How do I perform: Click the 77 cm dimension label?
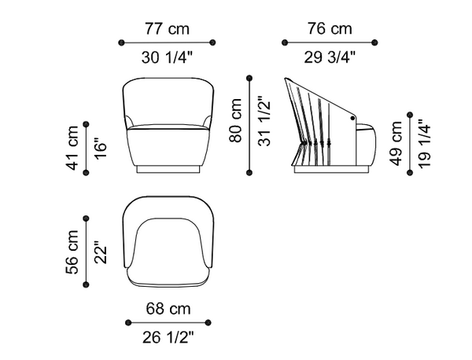click(x=168, y=29)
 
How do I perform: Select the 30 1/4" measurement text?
click(x=167, y=57)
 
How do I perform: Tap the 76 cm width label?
click(x=330, y=29)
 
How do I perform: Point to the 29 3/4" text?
click(x=330, y=57)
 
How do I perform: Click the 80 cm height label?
click(x=235, y=120)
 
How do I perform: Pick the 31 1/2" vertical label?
click(x=264, y=121)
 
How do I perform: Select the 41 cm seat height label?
click(x=72, y=148)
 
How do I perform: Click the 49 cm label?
click(x=396, y=143)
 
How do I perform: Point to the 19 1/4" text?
click(x=425, y=144)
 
